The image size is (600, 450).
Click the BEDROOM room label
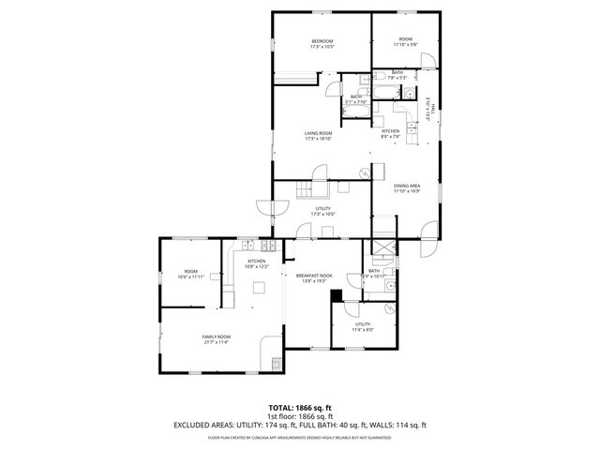pos(322,40)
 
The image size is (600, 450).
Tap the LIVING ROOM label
pos(318,133)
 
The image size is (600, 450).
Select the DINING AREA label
pos(406,186)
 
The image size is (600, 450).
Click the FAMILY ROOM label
pos(217,337)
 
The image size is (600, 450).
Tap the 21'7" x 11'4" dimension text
pos(217,342)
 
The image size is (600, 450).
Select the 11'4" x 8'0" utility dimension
pos(363,329)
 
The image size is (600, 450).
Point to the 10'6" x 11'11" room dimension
pos(190,277)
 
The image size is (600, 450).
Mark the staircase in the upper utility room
pos(304,191)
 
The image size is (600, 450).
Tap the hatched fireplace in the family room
pos(277,364)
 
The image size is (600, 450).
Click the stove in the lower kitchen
pos(270,247)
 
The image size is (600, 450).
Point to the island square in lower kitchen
pos(256,289)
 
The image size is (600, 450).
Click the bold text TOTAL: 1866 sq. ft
pos(300,409)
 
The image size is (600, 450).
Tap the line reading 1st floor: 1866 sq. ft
pos(300,416)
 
